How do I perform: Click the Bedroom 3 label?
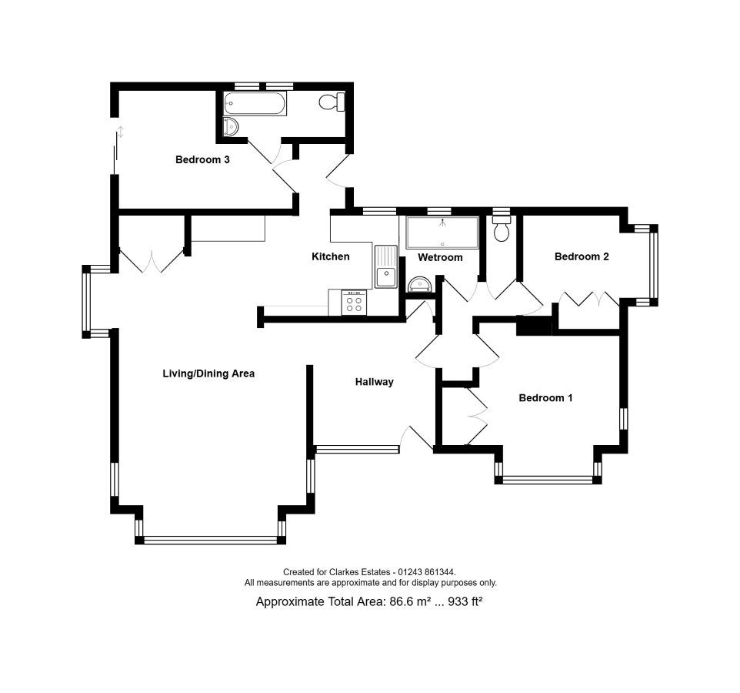coord(202,159)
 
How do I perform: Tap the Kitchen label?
coord(330,256)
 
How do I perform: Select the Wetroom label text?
coord(440,257)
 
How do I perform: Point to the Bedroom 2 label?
coord(582,256)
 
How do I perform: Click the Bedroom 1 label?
coord(545,398)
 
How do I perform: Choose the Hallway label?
coord(375,382)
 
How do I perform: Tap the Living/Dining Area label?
coord(208,373)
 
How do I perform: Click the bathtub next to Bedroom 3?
coord(255,103)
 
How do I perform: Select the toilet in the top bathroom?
coord(332,102)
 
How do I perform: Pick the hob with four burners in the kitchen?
coord(354,303)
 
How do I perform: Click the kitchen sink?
coord(386,267)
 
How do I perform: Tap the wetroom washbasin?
coord(419,284)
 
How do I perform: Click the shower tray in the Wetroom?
coord(442,233)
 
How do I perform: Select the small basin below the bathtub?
coord(231,126)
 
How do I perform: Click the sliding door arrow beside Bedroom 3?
coord(121,132)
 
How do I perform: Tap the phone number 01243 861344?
coord(427,572)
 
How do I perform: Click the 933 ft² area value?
coord(465,601)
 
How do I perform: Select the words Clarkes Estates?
coord(360,572)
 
